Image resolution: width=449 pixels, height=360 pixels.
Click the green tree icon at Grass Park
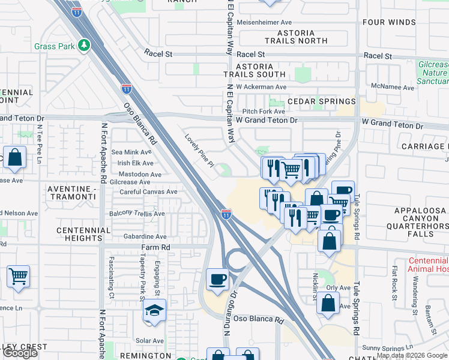[85, 45]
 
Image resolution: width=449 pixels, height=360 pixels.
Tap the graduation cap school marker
[154, 311]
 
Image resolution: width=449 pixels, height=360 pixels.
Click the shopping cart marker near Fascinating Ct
[18, 277]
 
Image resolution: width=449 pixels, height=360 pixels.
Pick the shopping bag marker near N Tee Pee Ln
[15, 158]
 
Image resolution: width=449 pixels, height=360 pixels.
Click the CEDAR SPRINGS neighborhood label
[321, 101]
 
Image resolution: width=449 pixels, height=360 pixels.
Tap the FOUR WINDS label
[389, 23]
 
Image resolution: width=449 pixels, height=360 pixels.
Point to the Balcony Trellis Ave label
[136, 214]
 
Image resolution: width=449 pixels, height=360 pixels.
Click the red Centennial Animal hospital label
[427, 265]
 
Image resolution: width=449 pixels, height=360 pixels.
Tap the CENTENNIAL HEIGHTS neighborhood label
[83, 234]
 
